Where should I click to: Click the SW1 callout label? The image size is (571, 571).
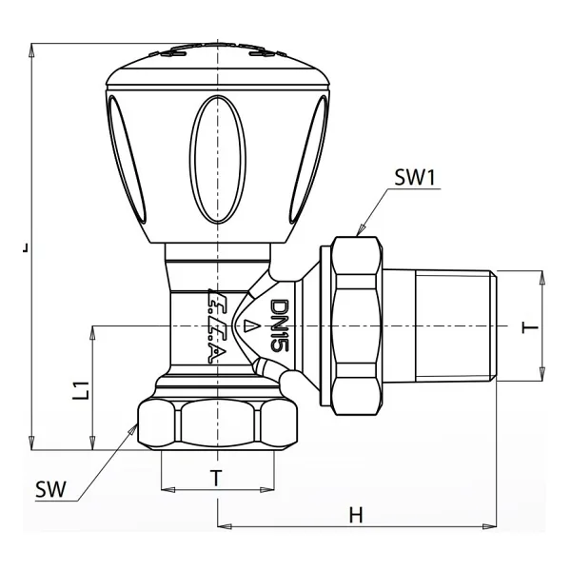tap(415, 178)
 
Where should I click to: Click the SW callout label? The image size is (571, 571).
tap(51, 489)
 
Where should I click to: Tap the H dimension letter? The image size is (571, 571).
tap(356, 515)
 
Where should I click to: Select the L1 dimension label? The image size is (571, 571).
tap(81, 391)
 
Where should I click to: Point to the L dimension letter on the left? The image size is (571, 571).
tap(25, 247)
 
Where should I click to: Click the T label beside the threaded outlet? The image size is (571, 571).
tap(530, 326)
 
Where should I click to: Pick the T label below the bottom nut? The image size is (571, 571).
tap(216, 478)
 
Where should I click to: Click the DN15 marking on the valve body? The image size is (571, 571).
tap(280, 325)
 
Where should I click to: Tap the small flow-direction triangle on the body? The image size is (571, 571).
tap(249, 325)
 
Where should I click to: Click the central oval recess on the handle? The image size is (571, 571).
tap(218, 159)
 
